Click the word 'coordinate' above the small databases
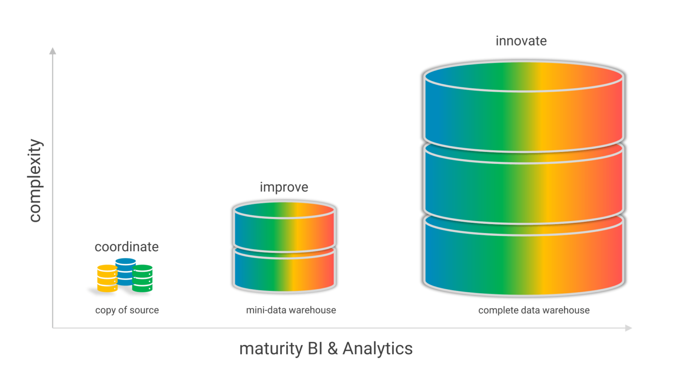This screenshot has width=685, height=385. (x=127, y=247)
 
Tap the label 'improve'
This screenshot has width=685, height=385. (x=284, y=187)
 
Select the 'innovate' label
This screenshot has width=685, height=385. (x=521, y=41)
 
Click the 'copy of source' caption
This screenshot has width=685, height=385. (x=127, y=310)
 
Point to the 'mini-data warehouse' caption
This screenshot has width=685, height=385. (x=291, y=310)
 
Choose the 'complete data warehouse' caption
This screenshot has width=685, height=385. (x=534, y=310)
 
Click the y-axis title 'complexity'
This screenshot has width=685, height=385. (x=35, y=180)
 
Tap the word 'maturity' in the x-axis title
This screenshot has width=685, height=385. (x=271, y=348)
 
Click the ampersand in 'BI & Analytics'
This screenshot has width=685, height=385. (x=332, y=348)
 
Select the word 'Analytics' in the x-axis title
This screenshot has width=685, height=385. (x=377, y=348)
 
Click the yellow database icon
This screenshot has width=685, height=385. (x=107, y=279)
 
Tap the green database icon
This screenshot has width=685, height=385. (x=143, y=279)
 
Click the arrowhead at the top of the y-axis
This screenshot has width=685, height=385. (x=53, y=51)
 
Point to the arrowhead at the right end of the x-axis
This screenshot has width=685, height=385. (x=629, y=328)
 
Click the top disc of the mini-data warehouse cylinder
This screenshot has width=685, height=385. (x=284, y=210)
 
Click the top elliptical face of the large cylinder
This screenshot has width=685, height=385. (x=523, y=76)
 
